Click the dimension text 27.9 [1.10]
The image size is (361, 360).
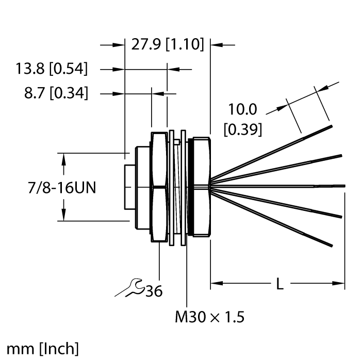pyautogui.click(x=168, y=45)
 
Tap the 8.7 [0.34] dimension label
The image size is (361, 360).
pyautogui.click(x=55, y=94)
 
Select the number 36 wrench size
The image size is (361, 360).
pyautogui.click(x=153, y=292)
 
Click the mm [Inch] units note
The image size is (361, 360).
pyautogui.click(x=43, y=348)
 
